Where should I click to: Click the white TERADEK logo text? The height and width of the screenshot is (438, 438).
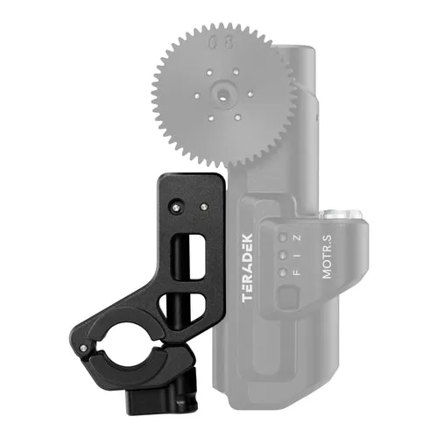[247, 267]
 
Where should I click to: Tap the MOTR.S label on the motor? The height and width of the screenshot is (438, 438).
[327, 257]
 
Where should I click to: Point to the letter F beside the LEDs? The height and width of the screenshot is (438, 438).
[296, 273]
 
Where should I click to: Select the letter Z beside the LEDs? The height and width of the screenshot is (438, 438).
[297, 238]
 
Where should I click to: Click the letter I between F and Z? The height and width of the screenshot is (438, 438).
[297, 256]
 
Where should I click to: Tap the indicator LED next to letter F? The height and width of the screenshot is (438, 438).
[283, 272]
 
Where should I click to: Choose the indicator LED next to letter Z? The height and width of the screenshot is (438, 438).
[283, 237]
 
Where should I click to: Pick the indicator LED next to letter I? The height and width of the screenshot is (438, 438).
[283, 255]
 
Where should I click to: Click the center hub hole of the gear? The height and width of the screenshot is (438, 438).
[223, 95]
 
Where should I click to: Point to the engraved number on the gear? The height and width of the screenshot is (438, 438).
[221, 43]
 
